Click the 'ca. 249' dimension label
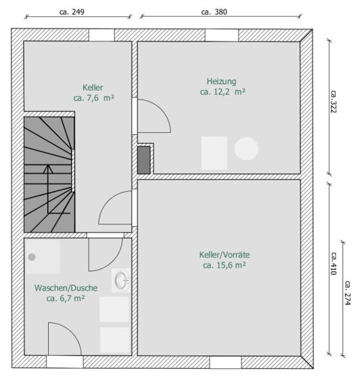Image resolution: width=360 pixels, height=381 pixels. tap(72, 12)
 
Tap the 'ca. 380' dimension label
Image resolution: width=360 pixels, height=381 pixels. tap(214, 12)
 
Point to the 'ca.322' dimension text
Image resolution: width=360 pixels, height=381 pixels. tap(334, 102)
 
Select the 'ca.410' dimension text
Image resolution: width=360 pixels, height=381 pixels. tap(334, 264)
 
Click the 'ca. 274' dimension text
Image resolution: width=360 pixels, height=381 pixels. tap(348, 293)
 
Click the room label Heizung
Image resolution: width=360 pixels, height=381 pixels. tap(221, 81)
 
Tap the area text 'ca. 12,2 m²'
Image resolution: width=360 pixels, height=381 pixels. tap(222, 92)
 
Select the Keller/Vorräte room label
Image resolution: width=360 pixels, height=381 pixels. tap(224, 255)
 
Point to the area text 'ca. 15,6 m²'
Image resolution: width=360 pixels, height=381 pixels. tap(224, 265)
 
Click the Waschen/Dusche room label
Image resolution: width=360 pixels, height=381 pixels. tap(66, 288)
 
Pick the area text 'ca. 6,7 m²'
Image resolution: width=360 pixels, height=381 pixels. tap(65, 298)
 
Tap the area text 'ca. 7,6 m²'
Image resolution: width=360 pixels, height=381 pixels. tap(94, 98)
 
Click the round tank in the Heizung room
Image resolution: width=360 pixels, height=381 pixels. tap(246, 148)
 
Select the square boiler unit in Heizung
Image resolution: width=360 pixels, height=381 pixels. tap(214, 153)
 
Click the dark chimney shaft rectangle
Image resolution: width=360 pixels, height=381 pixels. tap(144, 160)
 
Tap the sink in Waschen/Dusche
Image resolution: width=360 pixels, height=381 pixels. tap(121, 281)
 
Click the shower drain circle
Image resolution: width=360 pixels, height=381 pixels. tap(32, 257)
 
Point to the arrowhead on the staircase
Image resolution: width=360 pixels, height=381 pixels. tap(48, 169)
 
